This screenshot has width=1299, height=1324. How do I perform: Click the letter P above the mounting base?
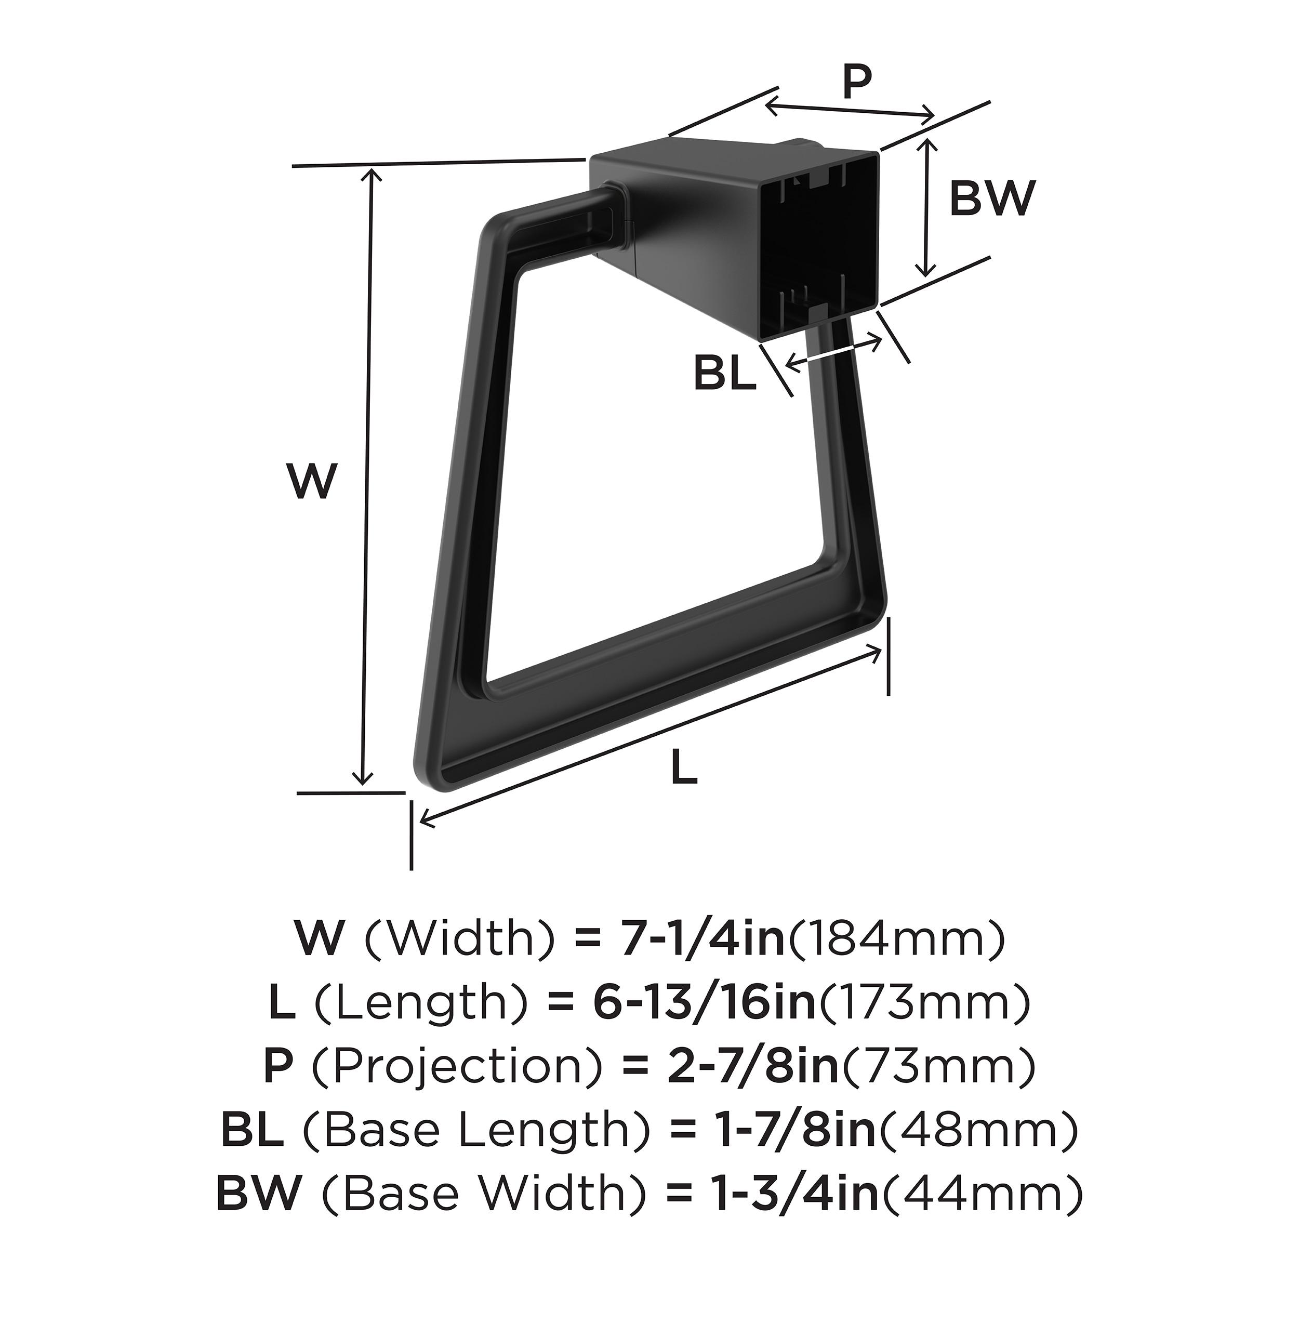[x=857, y=83]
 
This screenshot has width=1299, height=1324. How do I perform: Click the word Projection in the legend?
[x=458, y=1066]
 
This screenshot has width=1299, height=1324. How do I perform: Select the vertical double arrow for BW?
[x=926, y=207]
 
